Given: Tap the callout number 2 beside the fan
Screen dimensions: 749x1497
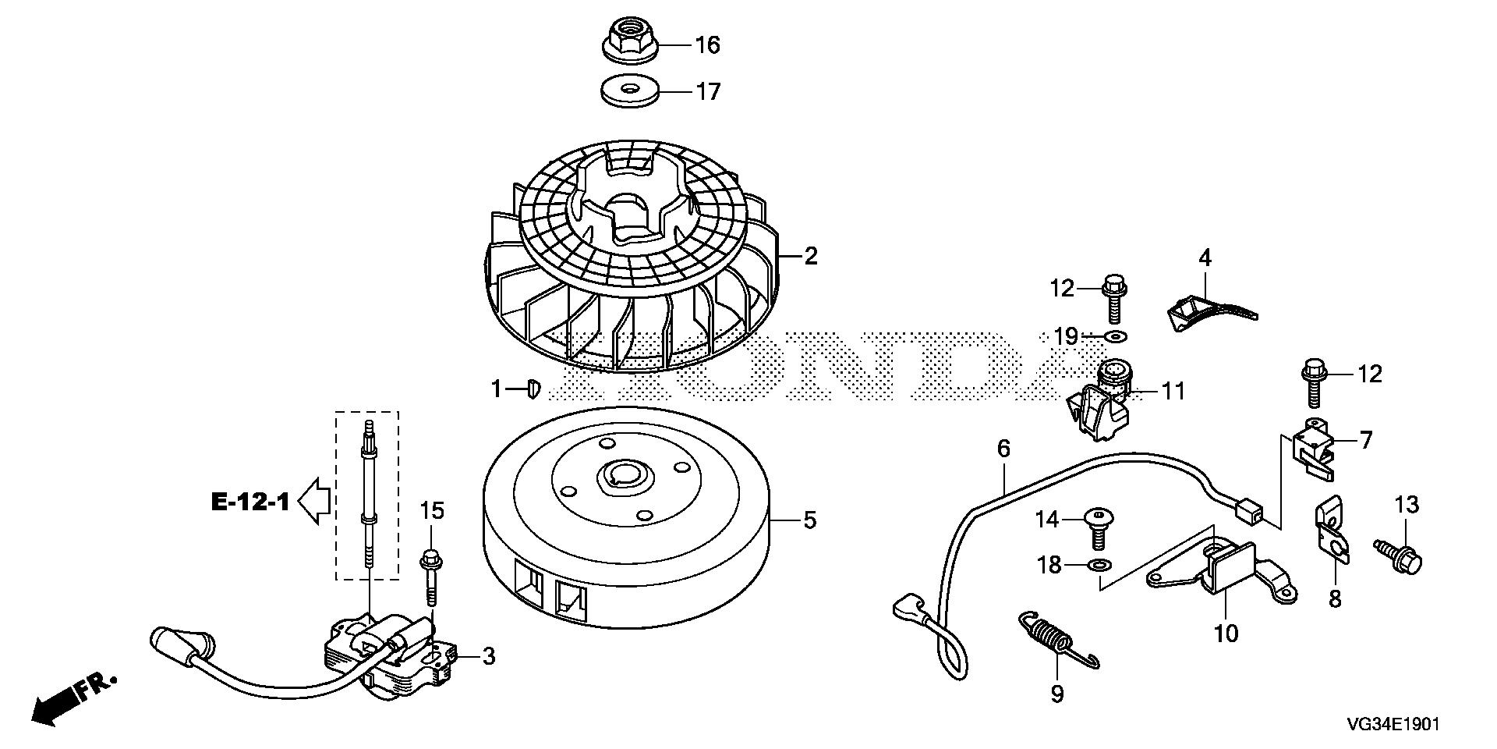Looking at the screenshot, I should [x=811, y=256].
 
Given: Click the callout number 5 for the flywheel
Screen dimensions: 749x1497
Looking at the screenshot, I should [x=810, y=520].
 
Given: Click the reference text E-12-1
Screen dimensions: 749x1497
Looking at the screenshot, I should [x=249, y=502].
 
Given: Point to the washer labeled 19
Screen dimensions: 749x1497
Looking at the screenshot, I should [x=1115, y=337].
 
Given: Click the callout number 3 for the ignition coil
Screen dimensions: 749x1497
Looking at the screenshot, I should [x=488, y=657].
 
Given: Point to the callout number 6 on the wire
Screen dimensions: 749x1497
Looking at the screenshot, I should [x=1003, y=449].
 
